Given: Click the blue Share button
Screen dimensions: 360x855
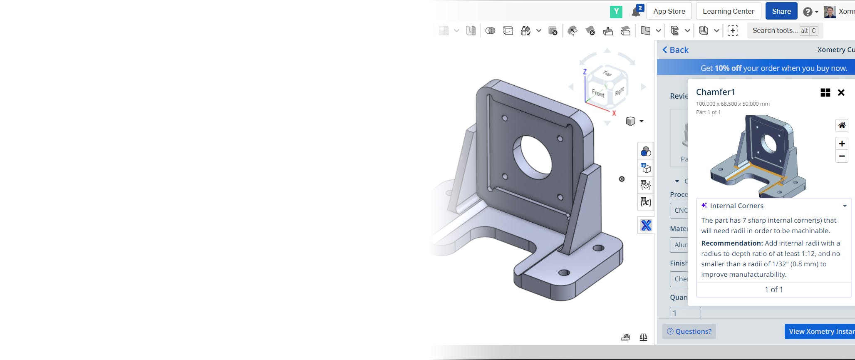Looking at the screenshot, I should click(x=781, y=11).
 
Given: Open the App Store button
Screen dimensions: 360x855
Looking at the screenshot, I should click(x=669, y=11).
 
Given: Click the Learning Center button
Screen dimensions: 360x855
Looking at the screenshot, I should click(x=728, y=11).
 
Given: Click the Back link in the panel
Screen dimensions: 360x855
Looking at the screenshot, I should click(x=675, y=50).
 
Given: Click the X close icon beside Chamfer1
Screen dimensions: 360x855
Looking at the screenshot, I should click(x=841, y=92).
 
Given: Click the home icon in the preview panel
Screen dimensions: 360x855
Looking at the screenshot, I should click(x=841, y=125).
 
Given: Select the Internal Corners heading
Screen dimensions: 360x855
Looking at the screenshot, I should click(x=736, y=206).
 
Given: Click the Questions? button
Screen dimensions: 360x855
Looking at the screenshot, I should click(x=689, y=331).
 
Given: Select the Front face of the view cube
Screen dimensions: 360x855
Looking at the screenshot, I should click(x=598, y=93).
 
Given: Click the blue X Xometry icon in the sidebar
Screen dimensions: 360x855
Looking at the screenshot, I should click(x=646, y=226).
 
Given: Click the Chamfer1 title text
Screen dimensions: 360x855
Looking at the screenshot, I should click(x=715, y=92).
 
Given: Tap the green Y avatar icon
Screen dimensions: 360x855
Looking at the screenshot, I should click(x=616, y=12).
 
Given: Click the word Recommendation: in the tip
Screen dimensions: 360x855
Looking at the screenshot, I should click(x=731, y=243).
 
